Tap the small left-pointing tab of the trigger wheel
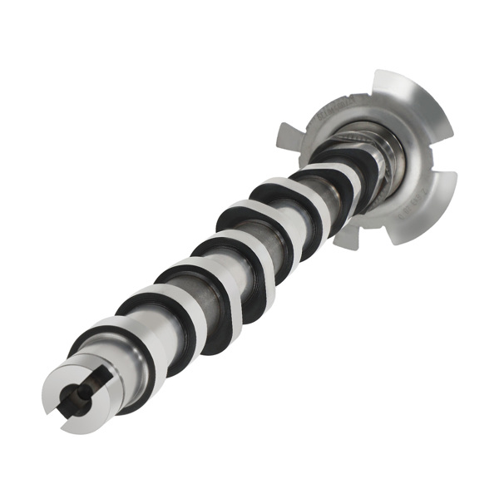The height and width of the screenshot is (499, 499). click(289, 134)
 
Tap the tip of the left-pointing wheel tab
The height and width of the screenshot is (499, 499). click(279, 128)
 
